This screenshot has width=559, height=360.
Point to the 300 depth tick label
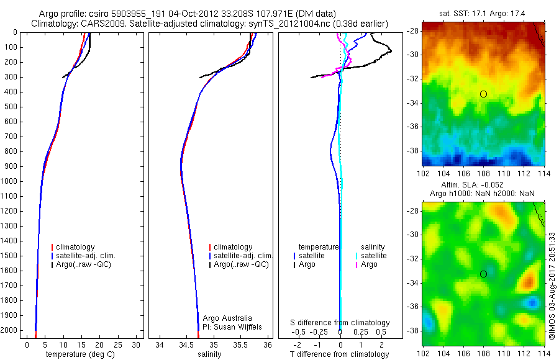(x=11, y=77)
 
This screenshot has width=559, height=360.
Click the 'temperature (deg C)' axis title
(x=78, y=354)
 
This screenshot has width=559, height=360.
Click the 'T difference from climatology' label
(x=340, y=354)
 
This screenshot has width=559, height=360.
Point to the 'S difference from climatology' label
(x=340, y=323)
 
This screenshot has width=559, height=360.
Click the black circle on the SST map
(x=483, y=94)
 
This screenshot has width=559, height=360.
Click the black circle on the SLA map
(x=483, y=274)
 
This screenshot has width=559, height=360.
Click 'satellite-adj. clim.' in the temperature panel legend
(x=86, y=256)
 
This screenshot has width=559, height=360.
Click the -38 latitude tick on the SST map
(x=412, y=150)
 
